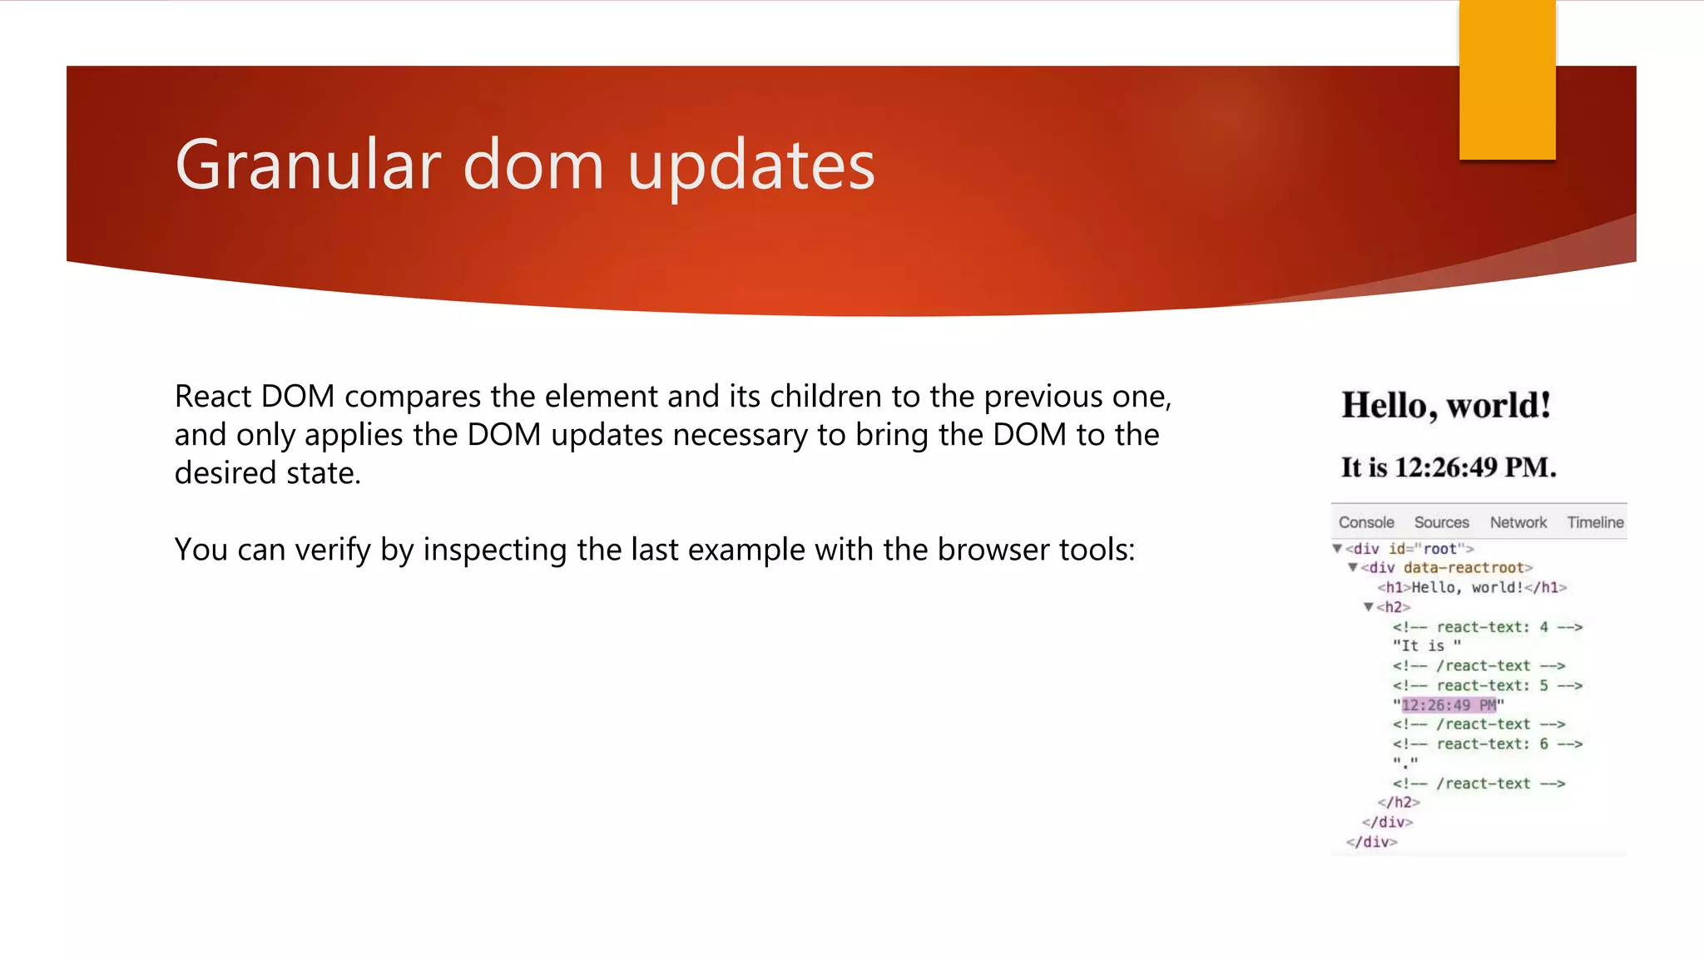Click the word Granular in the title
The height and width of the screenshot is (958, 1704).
coord(307,165)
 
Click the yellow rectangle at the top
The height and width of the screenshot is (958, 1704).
coord(1507,80)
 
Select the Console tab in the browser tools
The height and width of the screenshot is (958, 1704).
coord(1366,522)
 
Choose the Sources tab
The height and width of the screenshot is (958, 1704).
coord(1441,522)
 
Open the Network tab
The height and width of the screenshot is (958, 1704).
coord(1518,522)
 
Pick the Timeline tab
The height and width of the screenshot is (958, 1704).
coord(1595,522)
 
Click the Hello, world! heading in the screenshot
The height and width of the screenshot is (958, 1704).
coord(1446,406)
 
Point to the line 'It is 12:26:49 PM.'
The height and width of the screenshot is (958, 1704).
coord(1448,467)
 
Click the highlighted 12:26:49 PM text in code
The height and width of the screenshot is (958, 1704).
coord(1449,705)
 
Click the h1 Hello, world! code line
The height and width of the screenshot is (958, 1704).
coord(1471,588)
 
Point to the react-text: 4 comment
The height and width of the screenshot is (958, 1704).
coord(1487,627)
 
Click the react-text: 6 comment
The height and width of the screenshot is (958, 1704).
coord(1487,744)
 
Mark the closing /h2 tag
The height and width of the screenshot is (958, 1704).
coord(1398,802)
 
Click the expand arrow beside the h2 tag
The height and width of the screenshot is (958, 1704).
coord(1368,607)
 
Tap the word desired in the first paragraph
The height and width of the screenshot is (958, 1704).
coord(225,473)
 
